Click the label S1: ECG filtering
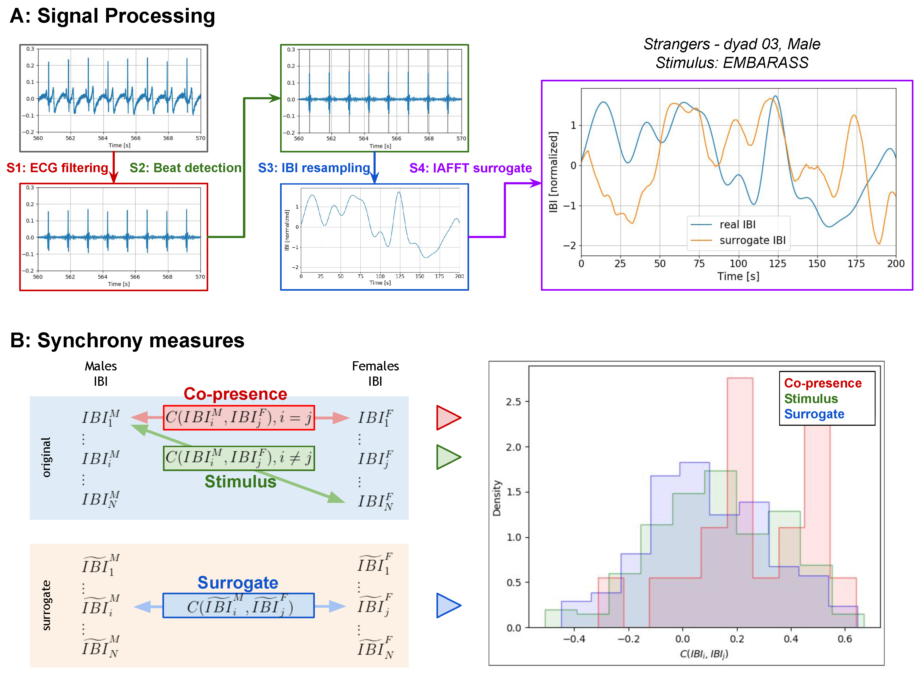(57, 168)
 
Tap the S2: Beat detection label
(186, 168)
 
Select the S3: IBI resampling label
(314, 168)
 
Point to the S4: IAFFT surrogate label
(470, 168)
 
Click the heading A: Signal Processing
(112, 16)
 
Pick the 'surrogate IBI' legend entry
(752, 240)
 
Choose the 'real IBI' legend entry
(737, 225)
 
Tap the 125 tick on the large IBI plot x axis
(777, 264)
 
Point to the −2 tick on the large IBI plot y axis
(570, 246)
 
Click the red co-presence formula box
(239, 418)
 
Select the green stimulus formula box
(239, 458)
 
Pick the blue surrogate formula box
(238, 605)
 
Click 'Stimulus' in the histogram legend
(811, 399)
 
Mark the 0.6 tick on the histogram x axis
(844, 639)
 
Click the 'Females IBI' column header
(375, 373)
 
